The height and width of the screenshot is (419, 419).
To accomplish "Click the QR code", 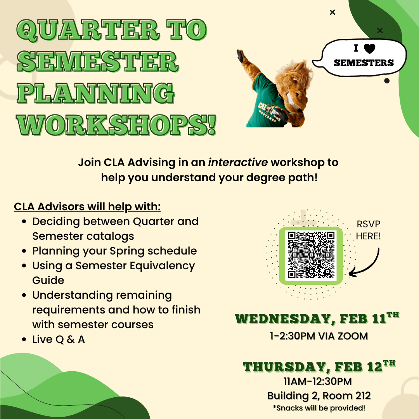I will coord(311,256).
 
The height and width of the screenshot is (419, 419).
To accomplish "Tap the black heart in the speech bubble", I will coord(370,48).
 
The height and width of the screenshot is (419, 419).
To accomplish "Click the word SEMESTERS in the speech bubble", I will coord(364,62).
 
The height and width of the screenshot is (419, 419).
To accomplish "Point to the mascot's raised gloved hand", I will coord(242,57).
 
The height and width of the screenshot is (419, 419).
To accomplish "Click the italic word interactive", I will coord(238,162).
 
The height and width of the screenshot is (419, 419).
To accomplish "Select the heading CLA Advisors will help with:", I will coord(87,206).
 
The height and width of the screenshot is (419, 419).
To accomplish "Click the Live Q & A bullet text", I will coord(59,339).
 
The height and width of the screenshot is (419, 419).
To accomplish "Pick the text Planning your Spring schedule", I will coord(114,251).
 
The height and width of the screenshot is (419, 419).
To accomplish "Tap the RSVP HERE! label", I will coord(369,230).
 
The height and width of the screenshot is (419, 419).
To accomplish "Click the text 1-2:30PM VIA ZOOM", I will coord(319,336).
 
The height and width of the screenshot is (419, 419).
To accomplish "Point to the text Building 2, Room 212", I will coord(319,396).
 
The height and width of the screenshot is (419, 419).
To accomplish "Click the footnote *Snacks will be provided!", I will coord(319,408).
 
